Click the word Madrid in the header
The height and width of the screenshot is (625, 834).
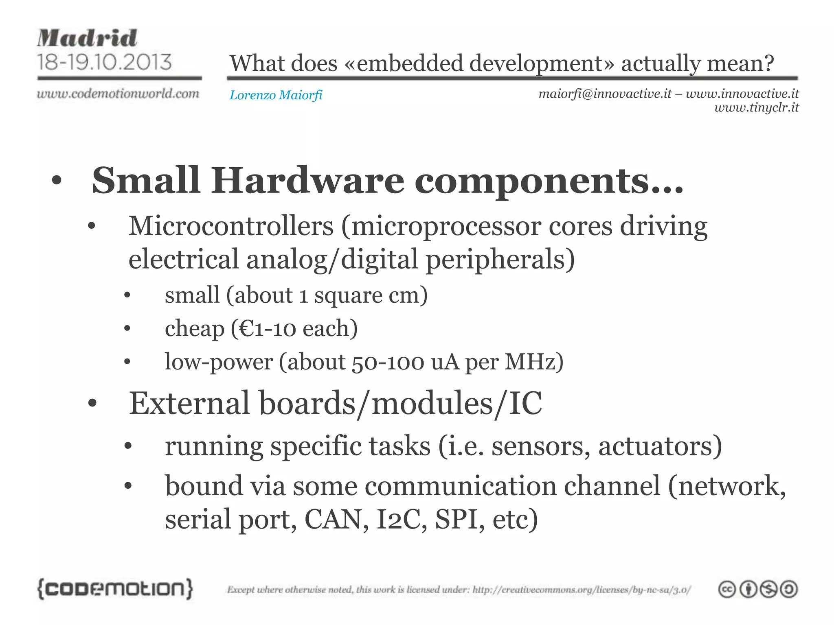point(87,38)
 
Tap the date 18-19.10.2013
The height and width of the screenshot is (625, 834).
point(105,62)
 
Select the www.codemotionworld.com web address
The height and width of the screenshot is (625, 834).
point(118,94)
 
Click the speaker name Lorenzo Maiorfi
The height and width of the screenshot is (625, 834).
point(276,95)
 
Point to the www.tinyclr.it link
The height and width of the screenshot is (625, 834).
point(756,108)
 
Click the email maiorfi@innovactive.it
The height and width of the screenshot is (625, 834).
point(605,94)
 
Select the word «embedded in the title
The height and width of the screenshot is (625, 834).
point(404,63)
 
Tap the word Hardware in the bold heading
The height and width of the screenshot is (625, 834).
point(307,181)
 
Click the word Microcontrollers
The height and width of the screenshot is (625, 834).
point(231,226)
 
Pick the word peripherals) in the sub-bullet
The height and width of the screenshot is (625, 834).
point(500,260)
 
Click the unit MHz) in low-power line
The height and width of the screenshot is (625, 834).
point(534,362)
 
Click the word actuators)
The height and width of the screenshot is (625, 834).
point(660,446)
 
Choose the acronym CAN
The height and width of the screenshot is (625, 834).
point(333,520)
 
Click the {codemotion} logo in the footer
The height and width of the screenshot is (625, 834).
point(115,589)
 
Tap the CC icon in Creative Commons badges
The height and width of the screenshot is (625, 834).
point(727,590)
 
